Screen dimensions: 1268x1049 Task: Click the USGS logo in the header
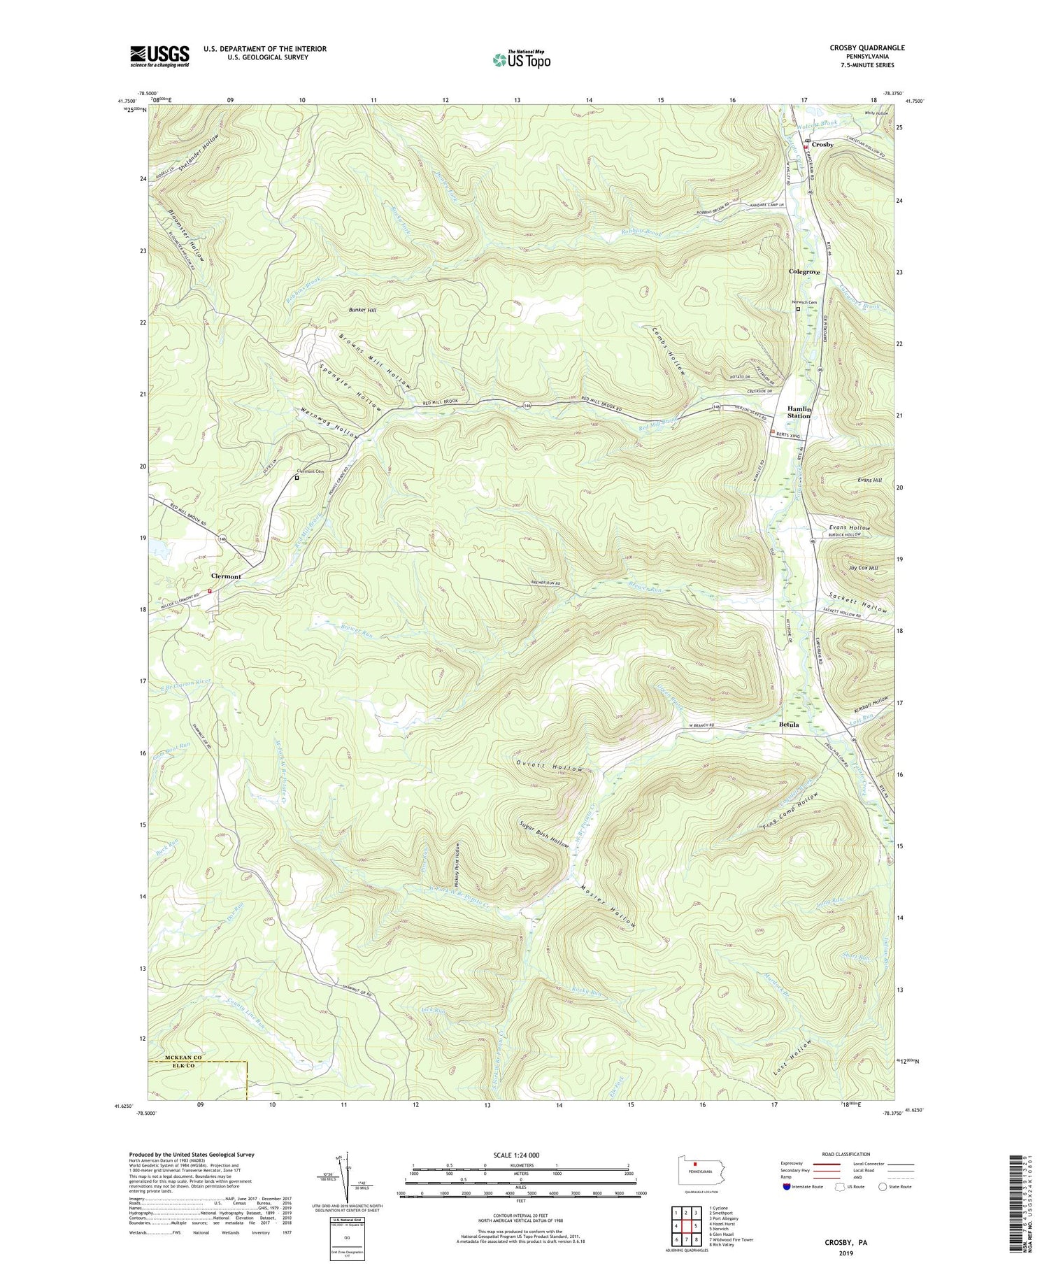(159, 56)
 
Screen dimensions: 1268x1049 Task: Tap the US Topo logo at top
(522, 59)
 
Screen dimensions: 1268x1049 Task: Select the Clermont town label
(226, 576)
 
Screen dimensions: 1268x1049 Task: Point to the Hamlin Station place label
(799, 412)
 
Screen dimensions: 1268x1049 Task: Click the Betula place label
(789, 725)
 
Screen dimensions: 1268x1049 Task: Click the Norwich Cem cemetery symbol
(798, 308)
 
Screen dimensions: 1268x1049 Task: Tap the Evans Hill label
(869, 480)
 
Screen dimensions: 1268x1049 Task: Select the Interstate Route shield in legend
(787, 1187)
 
